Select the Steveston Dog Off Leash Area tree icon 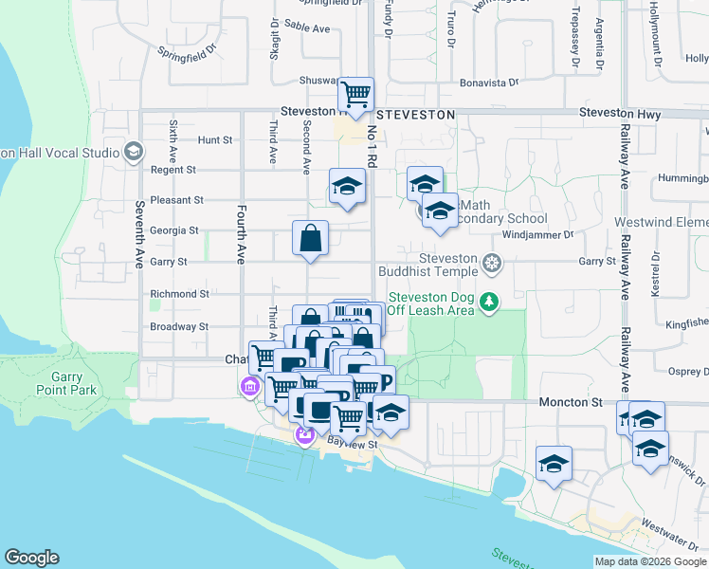489,302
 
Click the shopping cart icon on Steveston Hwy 356,95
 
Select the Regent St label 173,171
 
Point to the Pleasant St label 177,201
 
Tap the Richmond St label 179,295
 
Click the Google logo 31,558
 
